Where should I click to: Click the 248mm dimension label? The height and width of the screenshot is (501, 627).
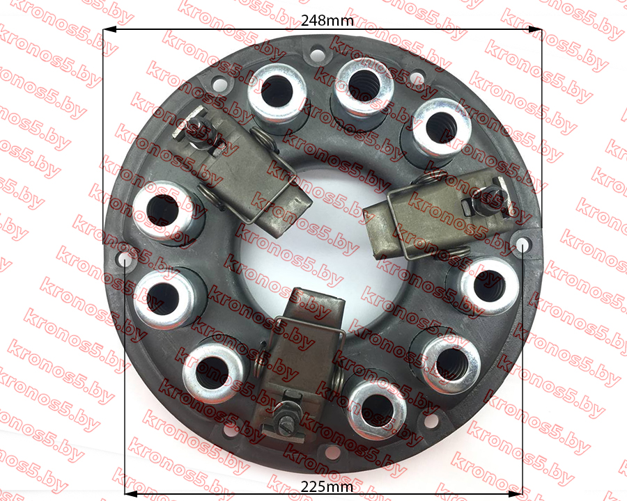click(327, 20)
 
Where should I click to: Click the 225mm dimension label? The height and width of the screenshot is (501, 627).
click(327, 486)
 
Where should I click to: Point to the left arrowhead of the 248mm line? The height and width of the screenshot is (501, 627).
click(109, 29)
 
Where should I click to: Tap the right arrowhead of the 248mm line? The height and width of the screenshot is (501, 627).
click(534, 29)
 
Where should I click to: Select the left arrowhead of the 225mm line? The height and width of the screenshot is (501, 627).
click(132, 494)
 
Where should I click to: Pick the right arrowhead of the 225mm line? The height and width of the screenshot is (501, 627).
click(516, 494)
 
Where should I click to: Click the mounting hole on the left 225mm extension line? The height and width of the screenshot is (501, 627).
click(125, 259)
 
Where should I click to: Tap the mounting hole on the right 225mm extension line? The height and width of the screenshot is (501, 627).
click(522, 244)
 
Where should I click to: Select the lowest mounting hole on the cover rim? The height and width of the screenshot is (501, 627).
click(333, 452)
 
